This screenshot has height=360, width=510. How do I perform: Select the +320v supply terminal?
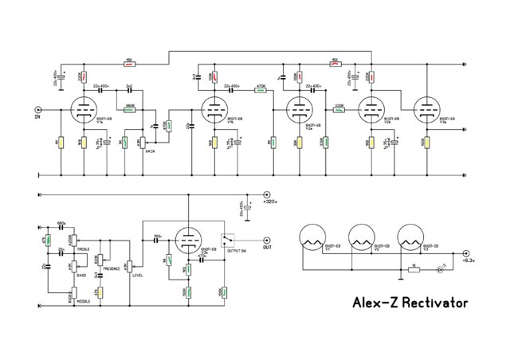(267, 194)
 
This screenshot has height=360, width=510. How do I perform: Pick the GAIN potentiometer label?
(150, 150)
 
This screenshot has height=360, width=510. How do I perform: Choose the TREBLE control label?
(83, 249)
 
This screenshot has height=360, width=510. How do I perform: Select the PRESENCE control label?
(112, 269)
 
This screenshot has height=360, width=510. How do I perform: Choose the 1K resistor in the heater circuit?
(414, 269)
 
